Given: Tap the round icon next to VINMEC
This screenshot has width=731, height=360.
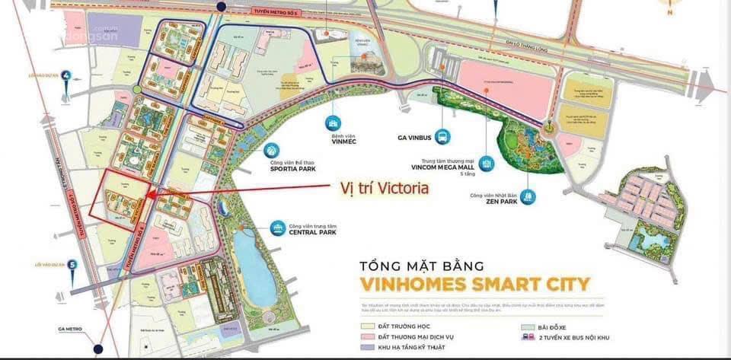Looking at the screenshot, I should pos(332,123).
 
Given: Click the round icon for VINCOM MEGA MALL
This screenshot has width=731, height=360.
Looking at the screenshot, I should pos(487,164).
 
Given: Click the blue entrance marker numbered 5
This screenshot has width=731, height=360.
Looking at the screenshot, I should pos(72,265).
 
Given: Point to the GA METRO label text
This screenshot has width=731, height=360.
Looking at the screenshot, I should pos(70,330).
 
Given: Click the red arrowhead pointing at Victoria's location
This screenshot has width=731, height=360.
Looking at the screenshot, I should pos(147,195).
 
